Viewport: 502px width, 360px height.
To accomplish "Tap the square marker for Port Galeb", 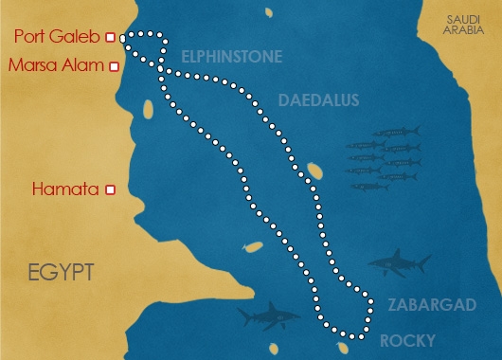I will click(110, 38).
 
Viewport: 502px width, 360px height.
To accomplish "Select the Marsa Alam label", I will click(55, 66).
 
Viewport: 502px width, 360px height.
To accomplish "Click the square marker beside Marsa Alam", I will click(115, 66).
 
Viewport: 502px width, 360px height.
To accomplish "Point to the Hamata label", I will click(66, 189).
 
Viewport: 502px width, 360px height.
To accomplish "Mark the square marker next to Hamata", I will click(111, 189).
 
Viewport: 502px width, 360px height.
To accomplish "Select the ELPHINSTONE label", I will click(231, 57).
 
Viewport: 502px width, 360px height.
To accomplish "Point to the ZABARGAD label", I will click(423, 305).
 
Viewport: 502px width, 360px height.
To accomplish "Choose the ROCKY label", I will click(406, 340).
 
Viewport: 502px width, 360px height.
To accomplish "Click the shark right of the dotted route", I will click(398, 263).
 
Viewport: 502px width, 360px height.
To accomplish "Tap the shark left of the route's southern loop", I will click(267, 315).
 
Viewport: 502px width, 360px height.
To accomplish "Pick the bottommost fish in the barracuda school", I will click(369, 187).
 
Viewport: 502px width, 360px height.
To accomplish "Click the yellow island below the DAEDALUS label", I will click(315, 171).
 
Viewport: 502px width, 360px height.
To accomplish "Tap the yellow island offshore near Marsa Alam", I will click(148, 109).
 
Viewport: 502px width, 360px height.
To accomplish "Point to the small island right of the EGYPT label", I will click(252, 247).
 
